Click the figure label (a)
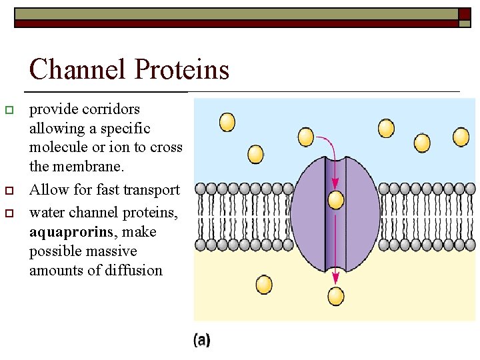click(202, 341)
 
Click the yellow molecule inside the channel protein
click(336, 199)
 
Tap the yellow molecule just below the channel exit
click(336, 296)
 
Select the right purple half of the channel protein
click(361, 207)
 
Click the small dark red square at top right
click(464, 13)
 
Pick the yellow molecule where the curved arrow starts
click(305, 137)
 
